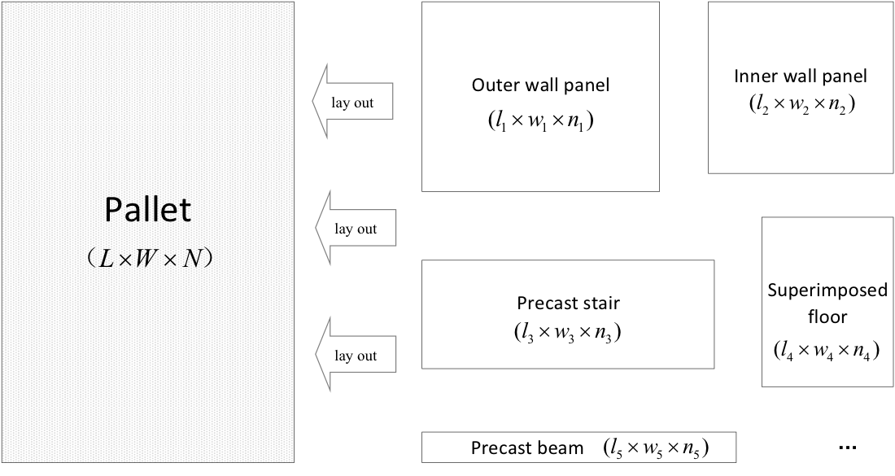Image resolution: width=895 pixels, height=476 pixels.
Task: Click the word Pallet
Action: [147, 211]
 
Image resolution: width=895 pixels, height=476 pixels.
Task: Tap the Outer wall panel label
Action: [540, 85]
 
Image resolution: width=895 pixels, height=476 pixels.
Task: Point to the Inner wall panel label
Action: [801, 76]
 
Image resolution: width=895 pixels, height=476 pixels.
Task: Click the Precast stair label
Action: [568, 304]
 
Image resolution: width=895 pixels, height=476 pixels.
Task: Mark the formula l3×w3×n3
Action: [568, 332]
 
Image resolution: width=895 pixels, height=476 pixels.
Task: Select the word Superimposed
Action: [827, 290]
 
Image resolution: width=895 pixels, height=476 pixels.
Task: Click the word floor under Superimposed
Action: [827, 317]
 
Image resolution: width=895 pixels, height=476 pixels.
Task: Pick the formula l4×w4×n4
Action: [827, 352]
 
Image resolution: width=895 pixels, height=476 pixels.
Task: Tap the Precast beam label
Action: [527, 448]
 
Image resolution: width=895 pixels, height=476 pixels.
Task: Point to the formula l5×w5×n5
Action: [655, 448]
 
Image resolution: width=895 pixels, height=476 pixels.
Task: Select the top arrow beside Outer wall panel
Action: [353, 99]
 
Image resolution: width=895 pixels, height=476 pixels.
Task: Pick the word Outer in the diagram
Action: [491, 85]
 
